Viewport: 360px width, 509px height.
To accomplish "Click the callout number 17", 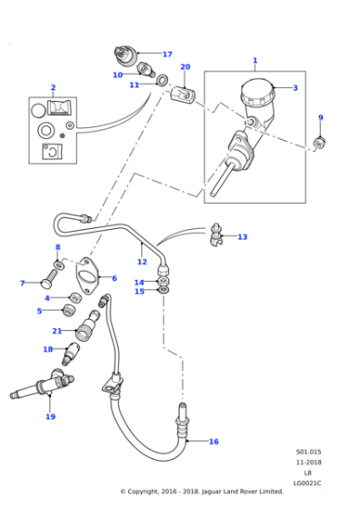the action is (167, 55).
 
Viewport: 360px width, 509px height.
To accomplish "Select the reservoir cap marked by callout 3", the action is (258, 92).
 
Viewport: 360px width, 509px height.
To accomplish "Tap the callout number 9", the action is (321, 117).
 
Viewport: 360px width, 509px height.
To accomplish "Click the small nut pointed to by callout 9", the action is (319, 143).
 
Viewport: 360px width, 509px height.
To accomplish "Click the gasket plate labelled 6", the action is (86, 275).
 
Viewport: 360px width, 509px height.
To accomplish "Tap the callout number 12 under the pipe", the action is (142, 262).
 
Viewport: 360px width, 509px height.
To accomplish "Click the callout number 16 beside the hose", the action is (214, 442).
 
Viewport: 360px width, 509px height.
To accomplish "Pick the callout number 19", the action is (50, 416).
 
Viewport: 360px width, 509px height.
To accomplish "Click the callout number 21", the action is (56, 331).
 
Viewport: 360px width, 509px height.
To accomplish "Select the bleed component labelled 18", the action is (70, 354).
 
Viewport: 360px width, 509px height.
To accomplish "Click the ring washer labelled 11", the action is (162, 80).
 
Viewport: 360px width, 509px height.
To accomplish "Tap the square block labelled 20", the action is (183, 95).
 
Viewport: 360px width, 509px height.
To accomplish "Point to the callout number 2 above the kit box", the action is (54, 87).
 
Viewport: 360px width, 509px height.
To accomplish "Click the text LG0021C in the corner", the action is (307, 483).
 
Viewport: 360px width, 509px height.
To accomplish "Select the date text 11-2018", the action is (308, 463).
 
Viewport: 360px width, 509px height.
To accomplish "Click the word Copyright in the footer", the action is (143, 492).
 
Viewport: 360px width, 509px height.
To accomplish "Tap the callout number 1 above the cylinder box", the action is (255, 60).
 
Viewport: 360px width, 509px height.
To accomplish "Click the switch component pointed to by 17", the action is (125, 55).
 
